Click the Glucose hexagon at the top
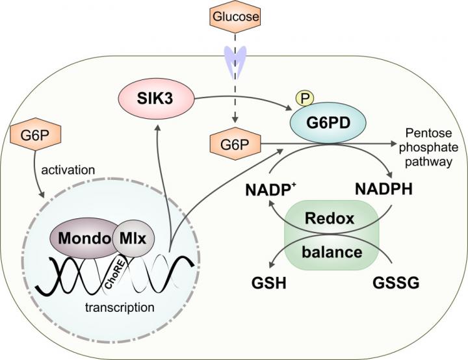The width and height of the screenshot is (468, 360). click(234, 16)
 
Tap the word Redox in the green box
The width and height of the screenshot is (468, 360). click(331, 218)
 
